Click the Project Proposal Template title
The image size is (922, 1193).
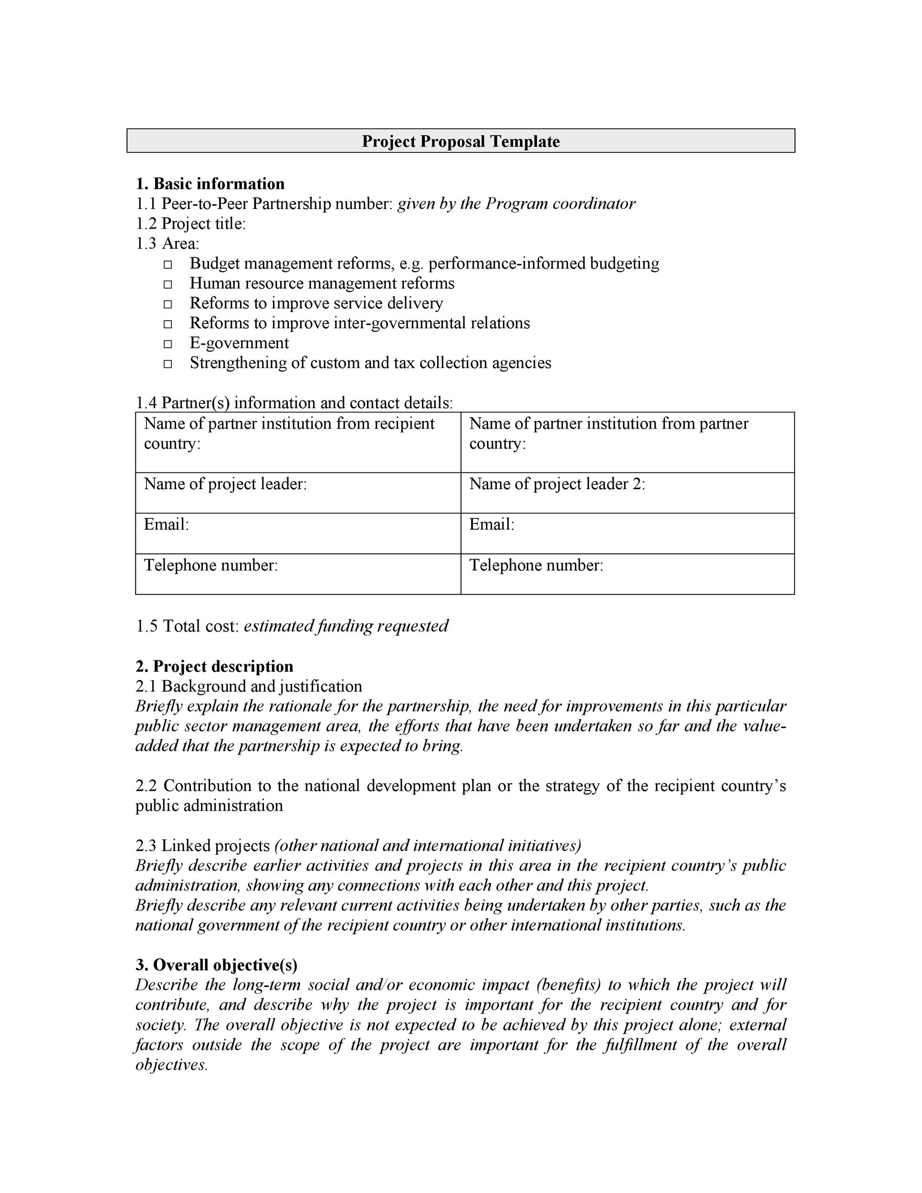[x=461, y=141]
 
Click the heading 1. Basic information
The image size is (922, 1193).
[x=210, y=184]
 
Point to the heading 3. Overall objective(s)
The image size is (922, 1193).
[x=216, y=965]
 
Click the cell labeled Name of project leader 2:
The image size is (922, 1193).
[x=627, y=492]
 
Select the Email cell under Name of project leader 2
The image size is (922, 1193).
[x=627, y=533]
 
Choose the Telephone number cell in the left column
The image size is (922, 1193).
[x=298, y=574]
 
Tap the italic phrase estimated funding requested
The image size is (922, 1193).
[x=346, y=626]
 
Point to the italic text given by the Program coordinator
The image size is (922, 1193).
[x=516, y=204]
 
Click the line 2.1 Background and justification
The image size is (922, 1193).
[x=249, y=686]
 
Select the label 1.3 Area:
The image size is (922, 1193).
[x=167, y=243]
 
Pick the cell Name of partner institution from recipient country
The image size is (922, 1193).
[x=298, y=441]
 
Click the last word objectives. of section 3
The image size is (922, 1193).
[x=171, y=1065]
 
